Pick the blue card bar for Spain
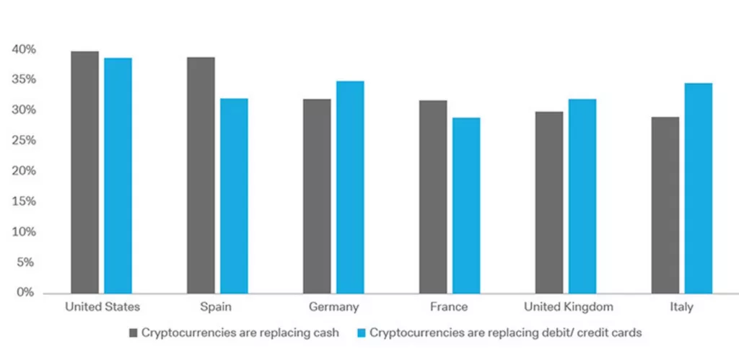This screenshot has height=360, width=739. click(x=234, y=196)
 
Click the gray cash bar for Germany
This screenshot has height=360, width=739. click(x=317, y=196)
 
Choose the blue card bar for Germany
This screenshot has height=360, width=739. click(x=350, y=187)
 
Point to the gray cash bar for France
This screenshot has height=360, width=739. click(x=433, y=196)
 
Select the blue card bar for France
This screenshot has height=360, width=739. click(x=466, y=205)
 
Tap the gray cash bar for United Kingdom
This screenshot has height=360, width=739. click(x=549, y=202)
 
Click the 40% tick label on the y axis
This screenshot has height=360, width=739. click(x=24, y=50)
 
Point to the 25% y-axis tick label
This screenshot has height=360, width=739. click(x=24, y=141)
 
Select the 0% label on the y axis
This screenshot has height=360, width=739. click(x=27, y=293)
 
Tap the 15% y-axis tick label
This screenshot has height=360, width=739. click(x=24, y=202)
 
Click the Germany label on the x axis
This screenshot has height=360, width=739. click(x=333, y=307)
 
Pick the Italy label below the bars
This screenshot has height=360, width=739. click(x=681, y=307)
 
